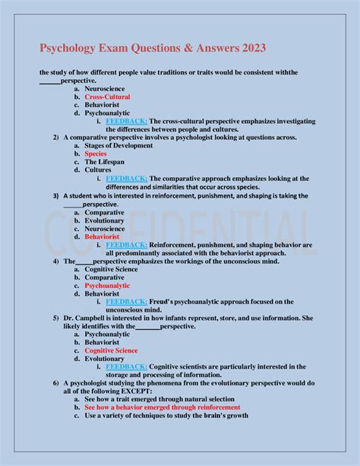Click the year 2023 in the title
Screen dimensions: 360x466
pyautogui.click(x=251, y=49)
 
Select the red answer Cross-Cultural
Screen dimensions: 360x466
pyautogui.click(x=107, y=97)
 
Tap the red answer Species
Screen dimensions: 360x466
pyautogui.click(x=96, y=154)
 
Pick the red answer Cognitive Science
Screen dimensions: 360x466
pyautogui.click(x=111, y=350)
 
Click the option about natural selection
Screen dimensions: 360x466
pyautogui.click(x=166, y=399)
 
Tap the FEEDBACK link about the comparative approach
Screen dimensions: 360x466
pyautogui.click(x=126, y=179)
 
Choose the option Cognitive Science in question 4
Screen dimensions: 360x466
pyautogui.click(x=111, y=269)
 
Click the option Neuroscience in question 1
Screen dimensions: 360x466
pyautogui.click(x=105, y=89)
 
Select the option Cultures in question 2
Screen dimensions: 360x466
pyautogui.click(x=98, y=170)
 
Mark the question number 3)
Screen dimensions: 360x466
pyautogui.click(x=56, y=195)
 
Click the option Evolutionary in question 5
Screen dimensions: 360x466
pyautogui.click(x=104, y=359)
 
